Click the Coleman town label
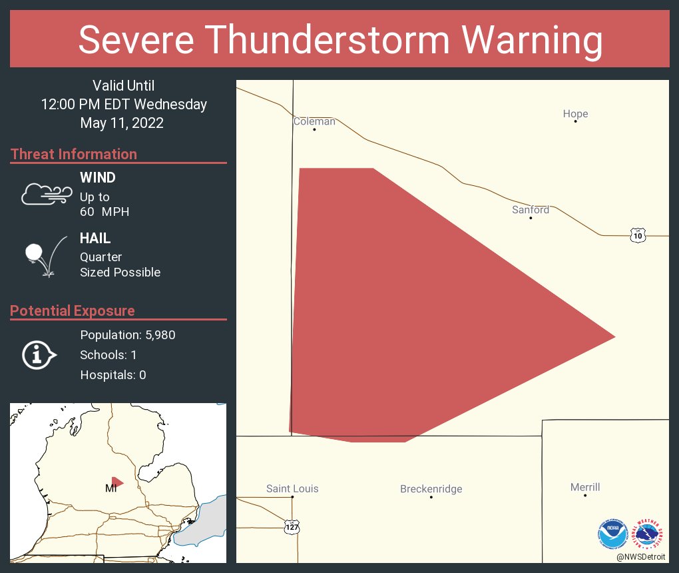pos(314,121)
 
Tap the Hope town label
pos(575,114)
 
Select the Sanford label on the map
pos(531,210)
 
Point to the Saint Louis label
pos(292,488)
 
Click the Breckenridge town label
pos(431,489)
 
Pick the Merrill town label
pos(585,487)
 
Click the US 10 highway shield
pos(638,235)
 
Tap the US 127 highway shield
pos(292,526)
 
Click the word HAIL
pos(95,239)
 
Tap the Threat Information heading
pos(74,154)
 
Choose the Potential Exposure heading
pos(73,310)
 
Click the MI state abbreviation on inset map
pos(111,488)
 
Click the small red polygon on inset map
pos(117,482)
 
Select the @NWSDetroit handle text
pos(642,556)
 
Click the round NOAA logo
pos(612,533)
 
